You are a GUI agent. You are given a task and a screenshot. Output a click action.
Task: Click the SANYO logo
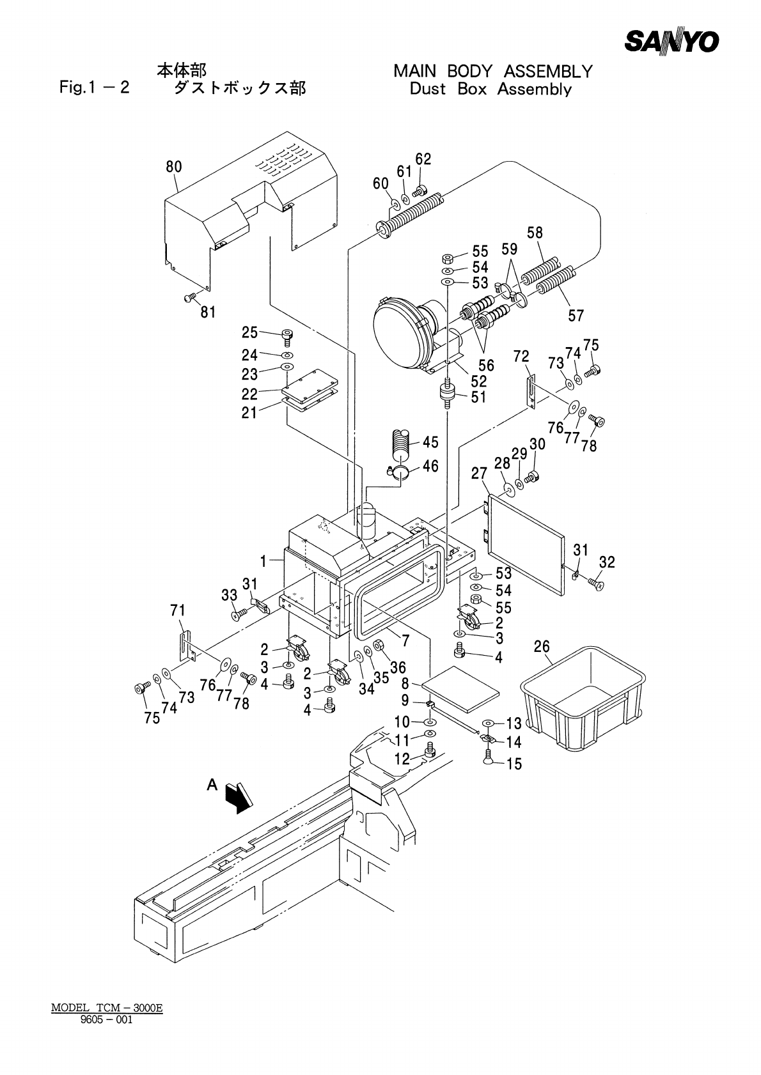click(671, 42)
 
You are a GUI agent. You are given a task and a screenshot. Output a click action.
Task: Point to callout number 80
click(174, 167)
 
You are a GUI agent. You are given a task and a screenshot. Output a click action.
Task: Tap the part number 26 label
click(542, 646)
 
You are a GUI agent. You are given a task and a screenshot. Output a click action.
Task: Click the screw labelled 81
click(190, 298)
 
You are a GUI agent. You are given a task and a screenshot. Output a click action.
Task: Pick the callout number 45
click(430, 442)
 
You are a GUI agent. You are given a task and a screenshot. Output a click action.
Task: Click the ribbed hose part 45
click(401, 444)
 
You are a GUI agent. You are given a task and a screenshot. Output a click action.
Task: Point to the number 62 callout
click(423, 159)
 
